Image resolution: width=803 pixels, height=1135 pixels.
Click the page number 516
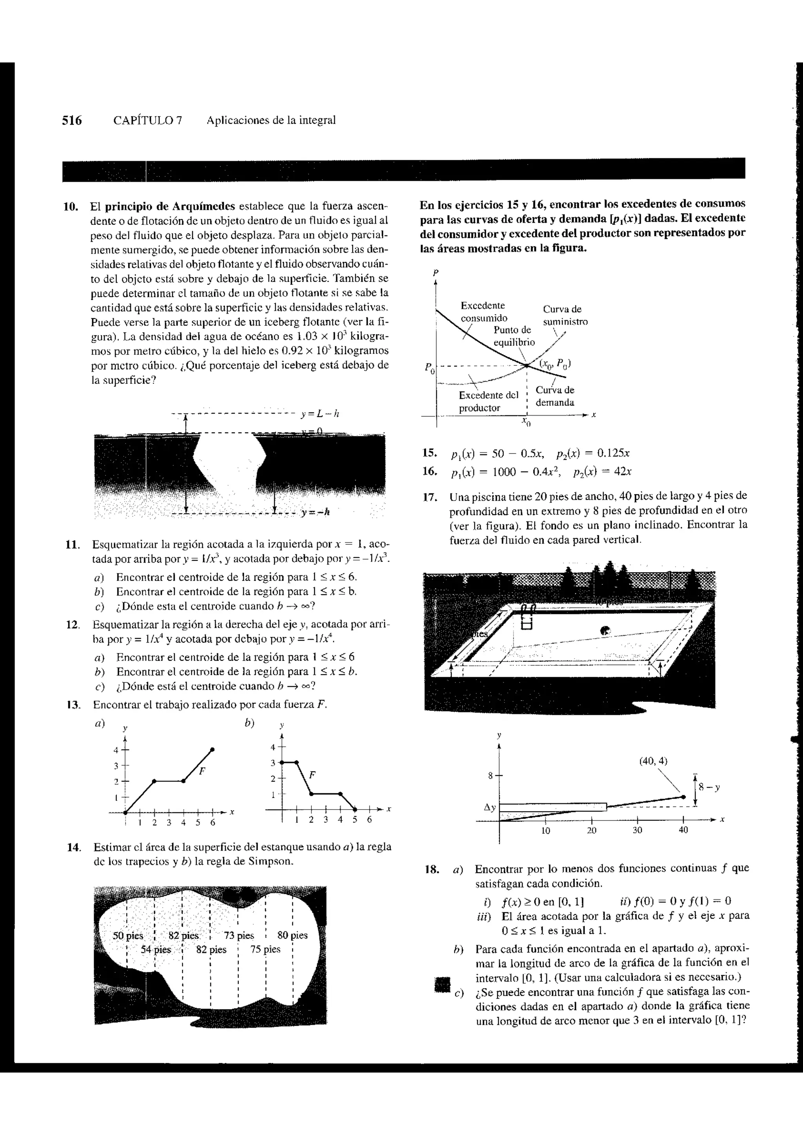pyautogui.click(x=72, y=120)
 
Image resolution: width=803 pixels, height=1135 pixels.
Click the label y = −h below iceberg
pyautogui.click(x=315, y=512)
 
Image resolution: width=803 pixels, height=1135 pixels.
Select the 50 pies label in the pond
pyautogui.click(x=128, y=936)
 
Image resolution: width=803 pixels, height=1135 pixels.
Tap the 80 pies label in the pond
pyautogui.click(x=292, y=935)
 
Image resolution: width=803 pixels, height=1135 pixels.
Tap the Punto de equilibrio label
pyautogui.click(x=514, y=336)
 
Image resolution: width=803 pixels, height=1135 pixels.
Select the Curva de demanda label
pyautogui.click(x=555, y=396)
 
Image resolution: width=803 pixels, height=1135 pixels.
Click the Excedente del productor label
pyautogui.click(x=488, y=401)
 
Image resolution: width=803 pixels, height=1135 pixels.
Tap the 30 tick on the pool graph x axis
pyautogui.click(x=637, y=830)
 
